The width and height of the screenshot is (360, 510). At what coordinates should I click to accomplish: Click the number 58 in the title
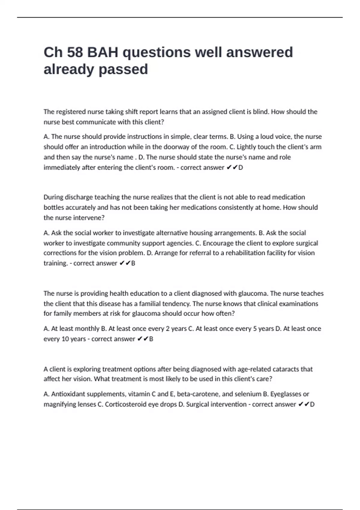coord(75,52)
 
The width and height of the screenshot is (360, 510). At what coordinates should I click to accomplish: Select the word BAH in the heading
coord(102,52)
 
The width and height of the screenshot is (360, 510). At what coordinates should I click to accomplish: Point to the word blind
coord(260,112)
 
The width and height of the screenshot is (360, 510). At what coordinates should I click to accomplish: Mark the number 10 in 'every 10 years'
coord(65,339)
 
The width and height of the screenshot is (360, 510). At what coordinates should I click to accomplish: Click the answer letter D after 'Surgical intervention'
coord(312,404)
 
